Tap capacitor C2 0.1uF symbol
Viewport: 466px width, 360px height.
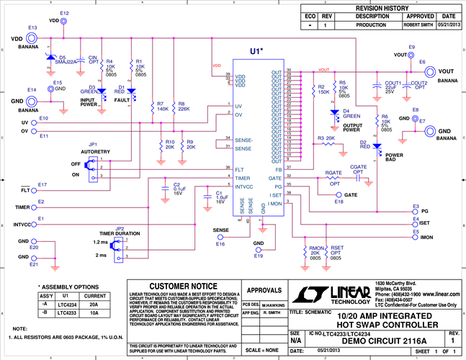[x=166, y=189]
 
